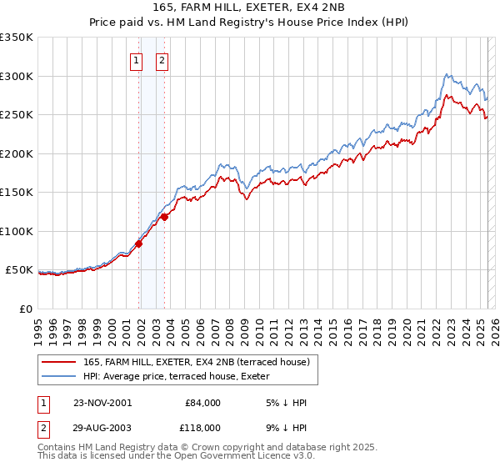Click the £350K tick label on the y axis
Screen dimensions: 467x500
[17, 38]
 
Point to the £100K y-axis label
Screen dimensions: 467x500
[17, 231]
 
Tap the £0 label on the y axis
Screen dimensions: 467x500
[27, 309]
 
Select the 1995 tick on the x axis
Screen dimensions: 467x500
[38, 324]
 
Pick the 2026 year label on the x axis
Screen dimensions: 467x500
[492, 324]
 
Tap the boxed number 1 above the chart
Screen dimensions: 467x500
[135, 60]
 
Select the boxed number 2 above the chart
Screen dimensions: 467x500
[161, 60]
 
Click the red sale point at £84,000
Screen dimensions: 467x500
[139, 244]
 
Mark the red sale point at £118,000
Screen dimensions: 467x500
[164, 217]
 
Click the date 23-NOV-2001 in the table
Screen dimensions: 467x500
[102, 403]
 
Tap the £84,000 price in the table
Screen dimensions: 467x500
[202, 403]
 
